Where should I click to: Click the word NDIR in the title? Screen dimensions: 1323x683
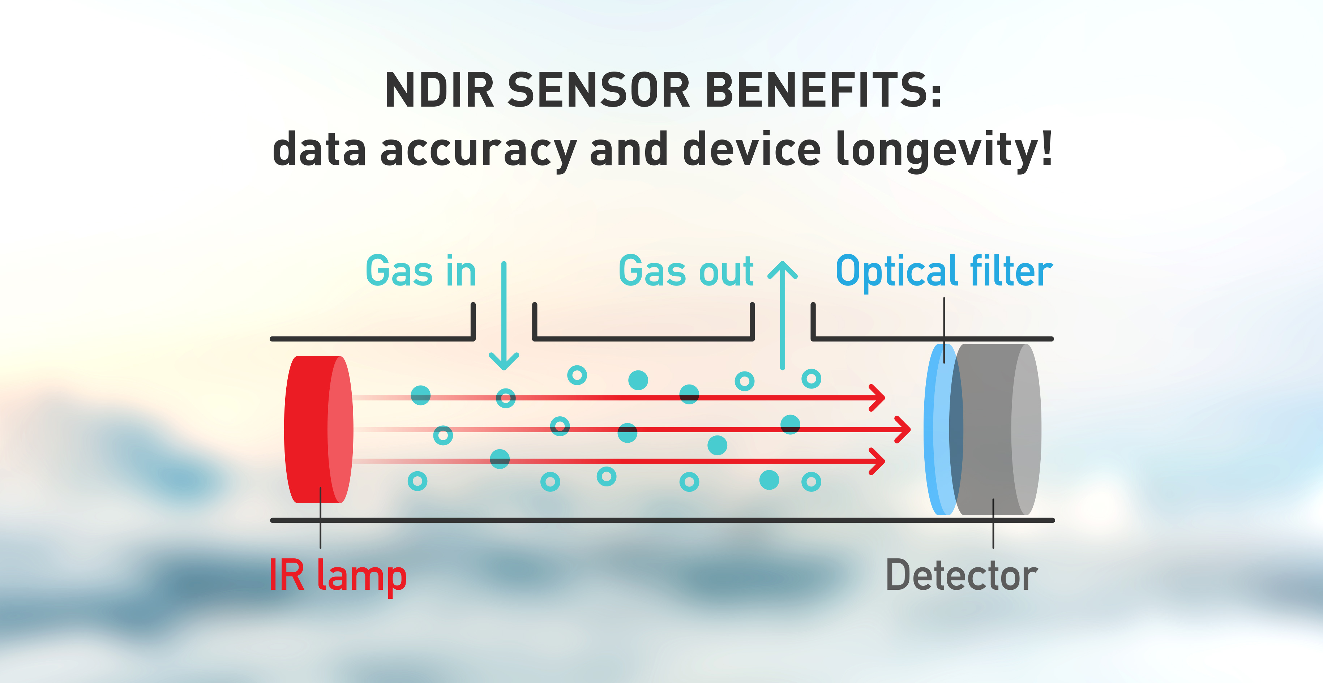pyautogui.click(x=439, y=90)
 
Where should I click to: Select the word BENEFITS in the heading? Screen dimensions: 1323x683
pyautogui.click(x=823, y=90)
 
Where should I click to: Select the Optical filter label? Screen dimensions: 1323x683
pyautogui.click(x=944, y=272)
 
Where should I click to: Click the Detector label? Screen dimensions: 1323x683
pyautogui.click(x=962, y=575)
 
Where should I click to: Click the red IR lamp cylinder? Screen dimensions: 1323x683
pyautogui.click(x=318, y=429)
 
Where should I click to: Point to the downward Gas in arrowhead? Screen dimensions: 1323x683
pyautogui.click(x=504, y=361)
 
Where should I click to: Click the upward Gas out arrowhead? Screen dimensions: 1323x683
pyautogui.click(x=783, y=270)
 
